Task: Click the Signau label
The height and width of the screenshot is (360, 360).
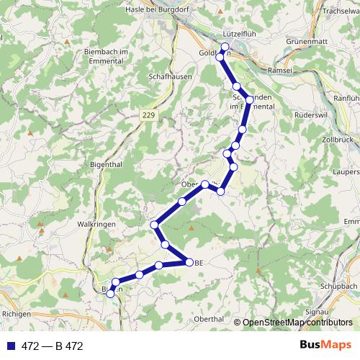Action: [x=318, y=311]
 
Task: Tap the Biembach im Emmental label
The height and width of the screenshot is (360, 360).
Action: [x=105, y=56]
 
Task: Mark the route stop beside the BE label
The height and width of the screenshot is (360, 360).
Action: [x=189, y=263]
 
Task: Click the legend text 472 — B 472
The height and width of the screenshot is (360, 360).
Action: [x=52, y=346]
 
